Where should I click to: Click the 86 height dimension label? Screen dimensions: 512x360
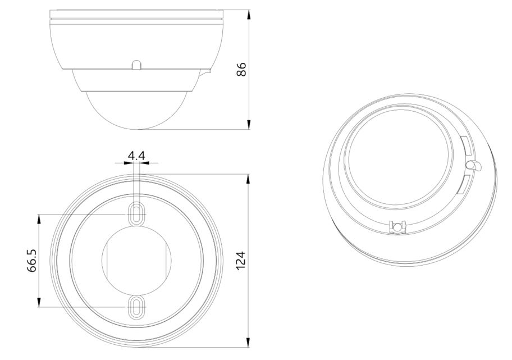(241, 69)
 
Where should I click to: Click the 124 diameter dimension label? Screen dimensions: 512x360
(240, 261)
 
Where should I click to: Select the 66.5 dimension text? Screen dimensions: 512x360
(31, 261)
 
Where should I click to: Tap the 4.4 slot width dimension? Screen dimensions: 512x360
(136, 156)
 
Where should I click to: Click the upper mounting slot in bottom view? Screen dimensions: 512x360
(137, 214)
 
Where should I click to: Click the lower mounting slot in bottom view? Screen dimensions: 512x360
(137, 307)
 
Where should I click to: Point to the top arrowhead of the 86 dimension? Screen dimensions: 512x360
(249, 15)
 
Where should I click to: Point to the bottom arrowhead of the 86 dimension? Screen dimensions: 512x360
(249, 124)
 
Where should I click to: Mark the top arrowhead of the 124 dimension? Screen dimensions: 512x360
(249, 180)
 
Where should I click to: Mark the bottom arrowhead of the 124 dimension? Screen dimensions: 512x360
(249, 341)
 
